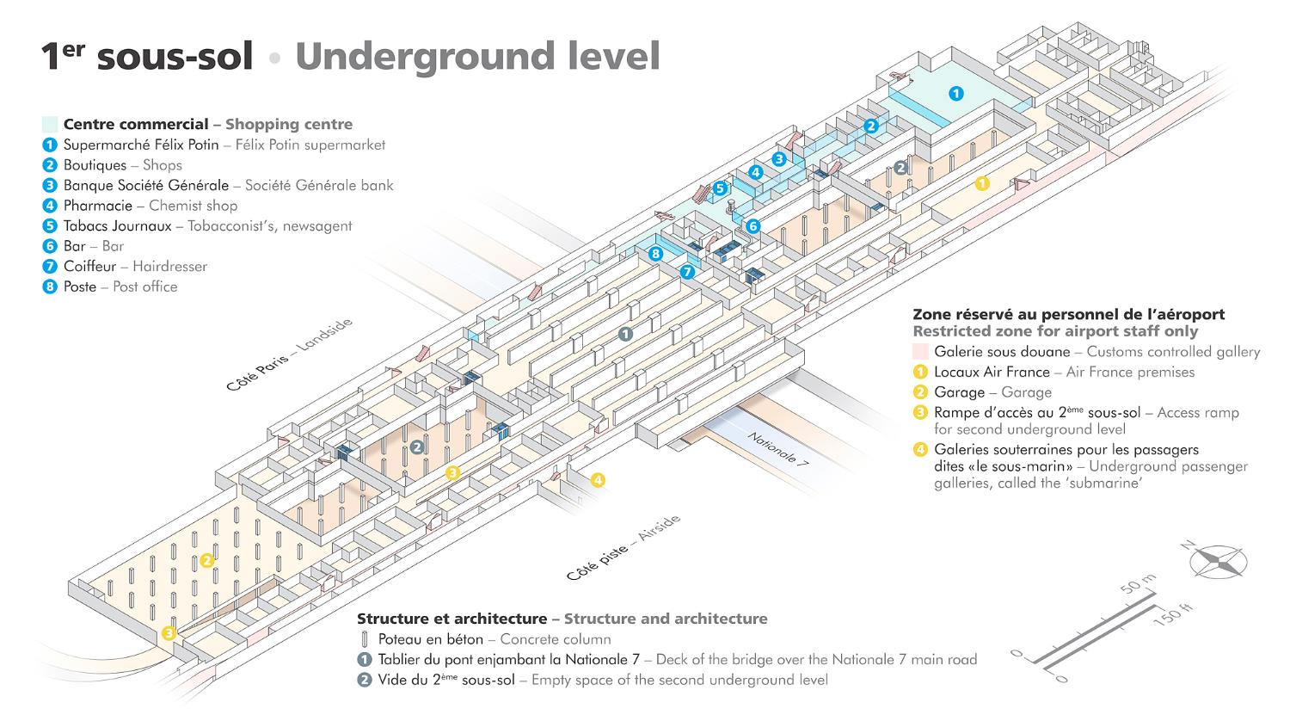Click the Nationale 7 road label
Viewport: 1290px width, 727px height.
point(778,448)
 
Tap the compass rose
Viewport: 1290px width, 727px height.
point(1218,561)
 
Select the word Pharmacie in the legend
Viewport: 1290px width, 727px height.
point(97,206)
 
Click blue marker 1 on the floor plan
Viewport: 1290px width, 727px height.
point(955,93)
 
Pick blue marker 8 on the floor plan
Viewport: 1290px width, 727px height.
point(655,254)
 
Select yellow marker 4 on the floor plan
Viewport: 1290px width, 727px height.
point(598,479)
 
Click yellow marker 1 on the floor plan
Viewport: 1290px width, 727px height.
point(982,183)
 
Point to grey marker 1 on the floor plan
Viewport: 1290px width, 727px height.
point(625,333)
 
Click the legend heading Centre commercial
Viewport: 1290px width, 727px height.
point(136,125)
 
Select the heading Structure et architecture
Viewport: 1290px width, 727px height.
point(451,619)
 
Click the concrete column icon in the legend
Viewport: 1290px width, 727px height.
point(365,639)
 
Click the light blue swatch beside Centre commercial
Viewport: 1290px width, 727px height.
point(50,125)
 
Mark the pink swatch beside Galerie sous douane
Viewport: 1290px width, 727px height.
point(920,352)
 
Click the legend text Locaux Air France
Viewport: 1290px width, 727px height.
point(992,373)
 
